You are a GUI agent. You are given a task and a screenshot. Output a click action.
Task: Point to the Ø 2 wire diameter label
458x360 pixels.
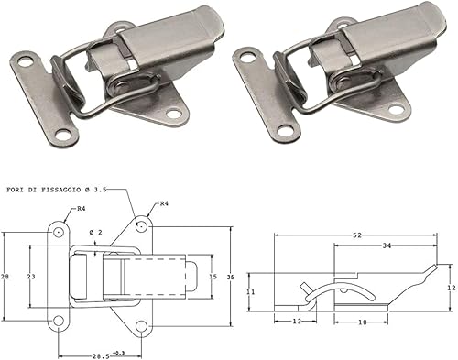click(94, 231)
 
